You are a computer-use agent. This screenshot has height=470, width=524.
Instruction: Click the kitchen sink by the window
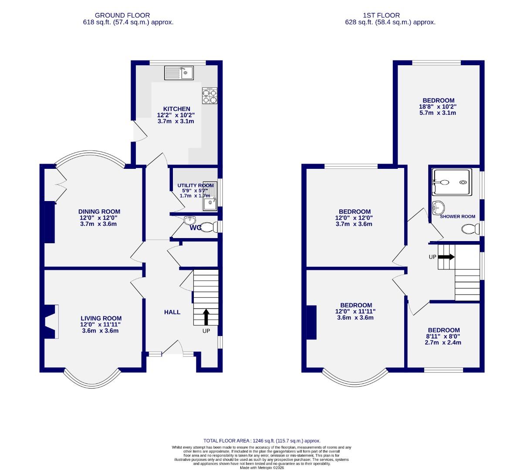179,72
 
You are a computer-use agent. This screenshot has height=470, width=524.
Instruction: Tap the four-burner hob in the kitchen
210,96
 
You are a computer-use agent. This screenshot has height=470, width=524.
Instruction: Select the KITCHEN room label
176,109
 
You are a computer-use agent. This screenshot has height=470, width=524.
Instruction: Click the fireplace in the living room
51,322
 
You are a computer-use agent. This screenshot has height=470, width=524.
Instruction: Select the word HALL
172,312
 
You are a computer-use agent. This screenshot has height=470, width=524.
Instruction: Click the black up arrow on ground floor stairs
206,317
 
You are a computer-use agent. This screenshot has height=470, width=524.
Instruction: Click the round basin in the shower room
438,208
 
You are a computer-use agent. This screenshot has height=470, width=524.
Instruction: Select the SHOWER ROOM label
457,216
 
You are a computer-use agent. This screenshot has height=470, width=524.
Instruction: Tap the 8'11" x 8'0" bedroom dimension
443,336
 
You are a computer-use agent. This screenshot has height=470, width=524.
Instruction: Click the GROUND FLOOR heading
116,16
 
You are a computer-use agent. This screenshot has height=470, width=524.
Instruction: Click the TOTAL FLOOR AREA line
262,441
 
